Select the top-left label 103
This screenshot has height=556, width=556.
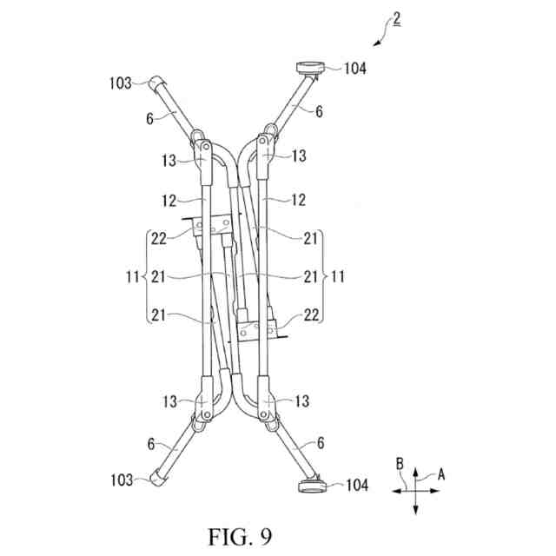tap(122, 83)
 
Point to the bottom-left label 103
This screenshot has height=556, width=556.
tap(121, 480)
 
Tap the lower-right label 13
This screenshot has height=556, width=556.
tap(300, 401)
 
